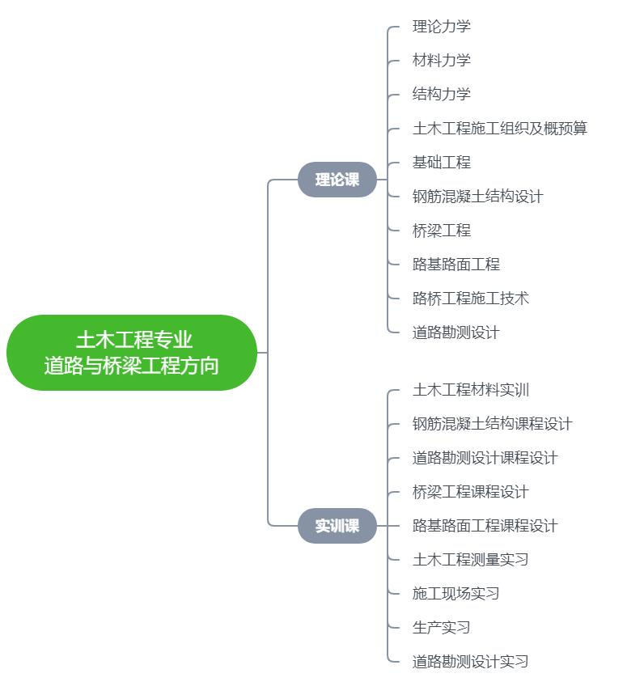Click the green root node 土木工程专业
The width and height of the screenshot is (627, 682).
132,353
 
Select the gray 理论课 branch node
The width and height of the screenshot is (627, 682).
337,180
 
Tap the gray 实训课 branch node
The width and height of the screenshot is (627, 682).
337,526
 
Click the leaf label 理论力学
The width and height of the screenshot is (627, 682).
442,27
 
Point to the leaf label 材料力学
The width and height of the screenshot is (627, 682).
442,61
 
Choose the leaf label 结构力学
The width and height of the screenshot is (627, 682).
442,95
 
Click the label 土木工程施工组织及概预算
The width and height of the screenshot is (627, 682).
500,129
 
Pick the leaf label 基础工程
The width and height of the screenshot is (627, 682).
442,163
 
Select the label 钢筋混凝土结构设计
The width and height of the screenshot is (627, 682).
478,197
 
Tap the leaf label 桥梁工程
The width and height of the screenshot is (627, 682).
442,231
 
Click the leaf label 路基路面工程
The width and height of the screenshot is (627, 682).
456,265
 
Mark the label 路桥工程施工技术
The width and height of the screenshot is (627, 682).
471,299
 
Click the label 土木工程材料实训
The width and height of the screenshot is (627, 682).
471,390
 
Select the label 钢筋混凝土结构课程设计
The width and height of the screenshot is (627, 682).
493,424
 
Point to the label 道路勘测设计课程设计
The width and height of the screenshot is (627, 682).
485,458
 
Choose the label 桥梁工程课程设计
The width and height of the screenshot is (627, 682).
471,492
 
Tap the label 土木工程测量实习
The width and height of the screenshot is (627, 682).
471,560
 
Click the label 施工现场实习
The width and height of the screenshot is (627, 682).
456,594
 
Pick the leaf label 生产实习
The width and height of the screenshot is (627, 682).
442,628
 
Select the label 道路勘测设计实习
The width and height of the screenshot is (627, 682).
471,662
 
